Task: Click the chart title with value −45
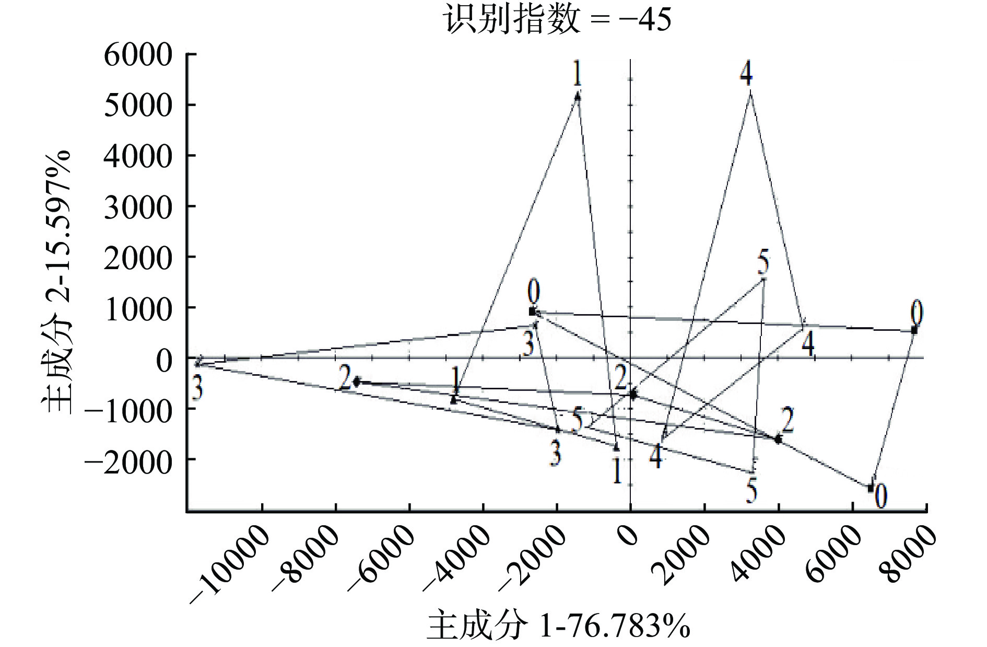click(558, 20)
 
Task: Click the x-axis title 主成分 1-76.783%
click(558, 625)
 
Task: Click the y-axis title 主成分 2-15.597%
click(56, 282)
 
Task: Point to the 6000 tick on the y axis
click(138, 54)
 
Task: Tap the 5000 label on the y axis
click(138, 105)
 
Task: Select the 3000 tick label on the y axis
click(138, 207)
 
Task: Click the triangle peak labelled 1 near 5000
click(578, 96)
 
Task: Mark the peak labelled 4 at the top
click(750, 92)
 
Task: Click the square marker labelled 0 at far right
click(914, 330)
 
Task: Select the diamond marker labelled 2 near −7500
click(357, 382)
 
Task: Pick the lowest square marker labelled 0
click(871, 488)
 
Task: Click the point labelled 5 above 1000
click(763, 279)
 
